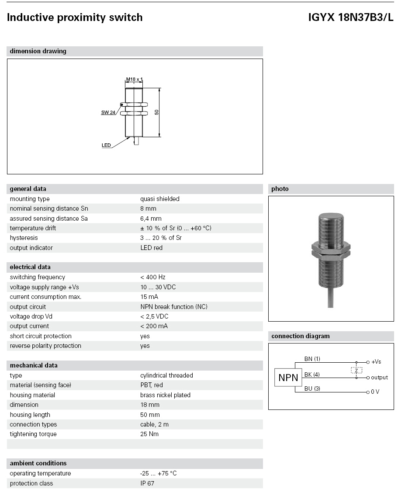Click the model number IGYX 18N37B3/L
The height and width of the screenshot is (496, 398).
pyautogui.click(x=351, y=17)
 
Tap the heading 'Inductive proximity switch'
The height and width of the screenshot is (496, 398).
pyautogui.click(x=75, y=17)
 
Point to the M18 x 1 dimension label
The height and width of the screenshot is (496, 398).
pyautogui.click(x=135, y=80)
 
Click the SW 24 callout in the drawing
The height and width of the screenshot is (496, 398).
pyautogui.click(x=108, y=112)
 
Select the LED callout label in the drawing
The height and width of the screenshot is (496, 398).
pyautogui.click(x=106, y=145)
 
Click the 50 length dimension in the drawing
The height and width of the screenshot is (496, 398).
pyautogui.click(x=156, y=112)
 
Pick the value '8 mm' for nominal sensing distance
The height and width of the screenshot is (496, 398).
pyautogui.click(x=148, y=208)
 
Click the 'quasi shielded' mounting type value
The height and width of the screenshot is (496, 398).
pyautogui.click(x=159, y=199)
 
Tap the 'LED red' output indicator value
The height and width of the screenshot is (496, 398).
pyautogui.click(x=151, y=248)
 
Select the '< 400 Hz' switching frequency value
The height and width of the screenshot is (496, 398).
pyautogui.click(x=152, y=277)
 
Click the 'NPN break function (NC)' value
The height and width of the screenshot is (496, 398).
pyautogui.click(x=174, y=307)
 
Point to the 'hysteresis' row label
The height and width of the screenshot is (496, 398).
pyautogui.click(x=24, y=238)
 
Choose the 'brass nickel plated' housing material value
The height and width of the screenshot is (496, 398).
pyautogui.click(x=165, y=395)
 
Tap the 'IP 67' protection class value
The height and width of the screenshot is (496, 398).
pyautogui.click(x=147, y=483)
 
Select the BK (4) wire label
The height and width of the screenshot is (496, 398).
pyautogui.click(x=312, y=375)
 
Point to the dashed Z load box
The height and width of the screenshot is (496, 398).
pyautogui.click(x=356, y=370)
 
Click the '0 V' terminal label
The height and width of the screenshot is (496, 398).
pyautogui.click(x=375, y=392)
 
